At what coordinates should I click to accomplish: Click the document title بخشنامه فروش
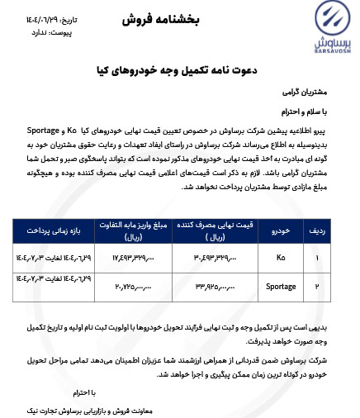(180, 18)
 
